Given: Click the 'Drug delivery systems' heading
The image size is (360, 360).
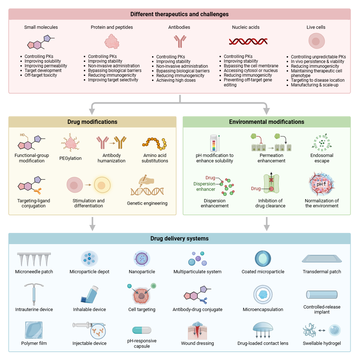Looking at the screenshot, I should (x=179, y=238).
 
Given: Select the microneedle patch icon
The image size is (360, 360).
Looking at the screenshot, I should (x=34, y=259).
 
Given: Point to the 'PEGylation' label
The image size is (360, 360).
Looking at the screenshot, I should (x=71, y=158).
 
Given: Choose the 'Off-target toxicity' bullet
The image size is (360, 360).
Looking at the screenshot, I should (x=40, y=75).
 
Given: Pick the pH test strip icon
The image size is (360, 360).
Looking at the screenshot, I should (x=215, y=143).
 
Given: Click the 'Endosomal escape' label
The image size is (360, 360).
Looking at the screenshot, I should (x=322, y=158).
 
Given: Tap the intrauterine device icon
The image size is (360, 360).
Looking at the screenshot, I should (x=34, y=293).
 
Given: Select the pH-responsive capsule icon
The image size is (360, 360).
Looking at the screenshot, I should (x=142, y=330).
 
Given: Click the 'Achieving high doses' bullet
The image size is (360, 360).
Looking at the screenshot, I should (x=176, y=80).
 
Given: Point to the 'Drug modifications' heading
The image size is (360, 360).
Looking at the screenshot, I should (x=93, y=122).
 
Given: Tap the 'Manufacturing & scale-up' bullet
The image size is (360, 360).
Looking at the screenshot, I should (x=315, y=85).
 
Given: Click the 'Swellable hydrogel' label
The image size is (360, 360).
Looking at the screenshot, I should (x=322, y=343).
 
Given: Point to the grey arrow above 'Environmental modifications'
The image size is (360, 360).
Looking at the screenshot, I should (x=266, y=108).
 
